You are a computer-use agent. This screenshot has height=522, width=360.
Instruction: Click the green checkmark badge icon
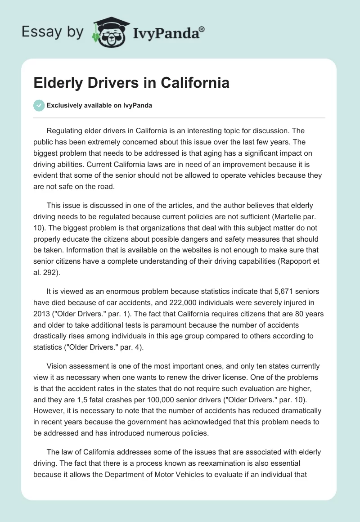39,105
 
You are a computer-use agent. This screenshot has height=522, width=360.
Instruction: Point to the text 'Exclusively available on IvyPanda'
99,105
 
